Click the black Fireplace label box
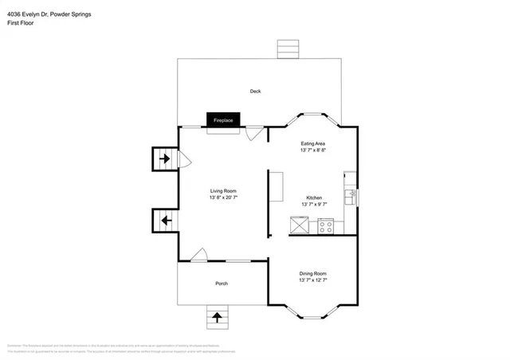point(223,119)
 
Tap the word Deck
point(255,92)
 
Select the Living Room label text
point(223,190)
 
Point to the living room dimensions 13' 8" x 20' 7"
point(223,198)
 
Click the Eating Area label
point(313,143)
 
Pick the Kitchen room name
point(314,198)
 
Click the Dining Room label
point(313,273)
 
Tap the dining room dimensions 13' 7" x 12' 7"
point(313,280)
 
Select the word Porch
point(222,284)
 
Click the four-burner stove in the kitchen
point(326,226)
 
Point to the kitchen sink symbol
point(350,194)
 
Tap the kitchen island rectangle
point(276,188)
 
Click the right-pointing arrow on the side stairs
point(165,159)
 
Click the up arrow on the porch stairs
point(217,319)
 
